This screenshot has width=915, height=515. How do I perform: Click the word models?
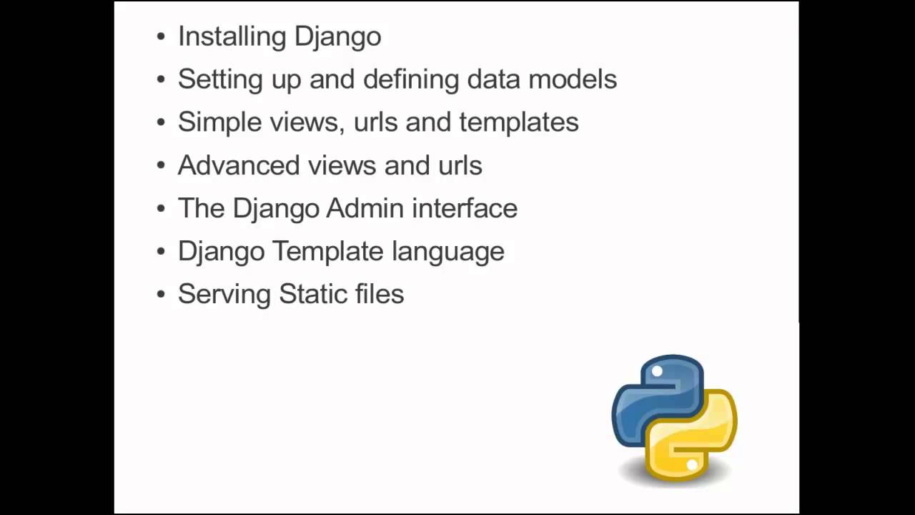572,79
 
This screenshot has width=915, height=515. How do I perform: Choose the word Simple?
219,122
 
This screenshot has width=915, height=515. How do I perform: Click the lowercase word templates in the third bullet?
518,122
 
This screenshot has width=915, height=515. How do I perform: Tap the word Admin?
365,208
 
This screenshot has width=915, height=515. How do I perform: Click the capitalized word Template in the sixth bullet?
328,251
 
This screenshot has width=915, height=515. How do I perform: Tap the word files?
379,294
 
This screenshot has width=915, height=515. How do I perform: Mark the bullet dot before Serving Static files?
161,295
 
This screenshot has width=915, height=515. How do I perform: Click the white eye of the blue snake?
657,371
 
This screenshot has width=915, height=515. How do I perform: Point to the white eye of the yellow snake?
692,465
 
